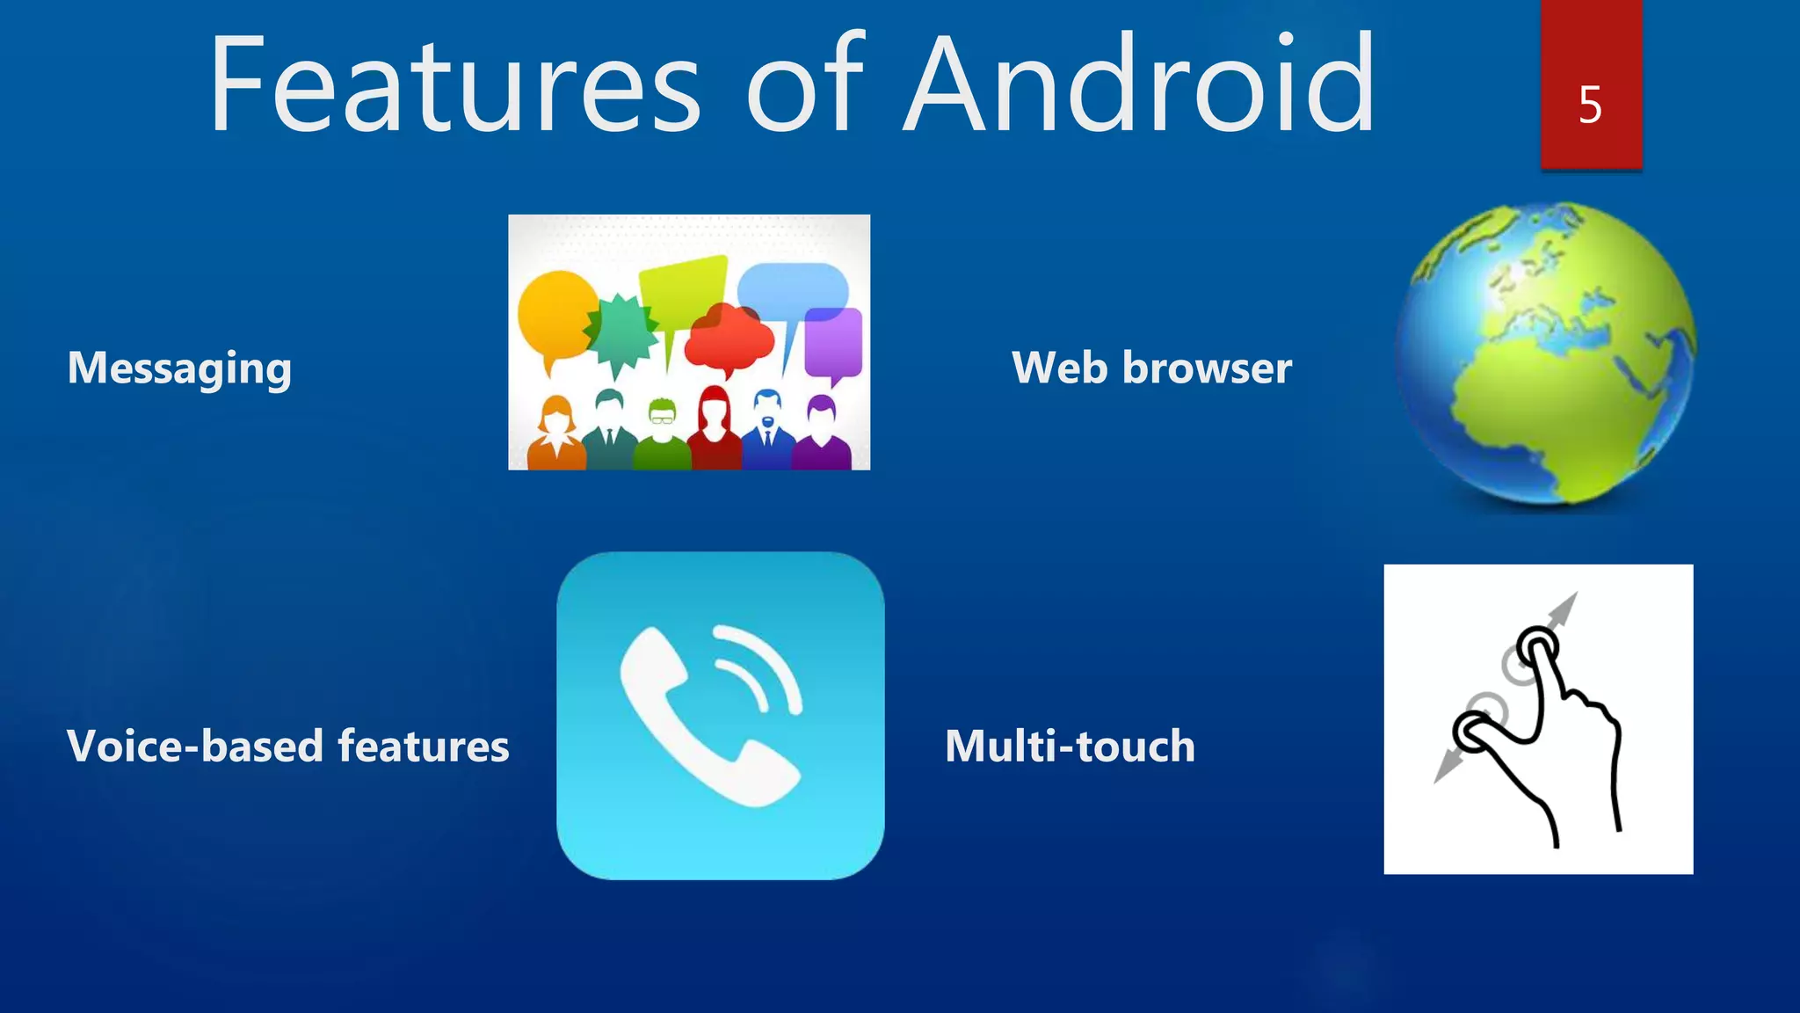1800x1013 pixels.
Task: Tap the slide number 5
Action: (x=1590, y=105)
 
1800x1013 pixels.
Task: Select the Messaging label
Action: (x=179, y=368)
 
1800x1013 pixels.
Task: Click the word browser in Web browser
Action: (x=1207, y=368)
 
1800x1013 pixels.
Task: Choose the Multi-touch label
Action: (x=1070, y=746)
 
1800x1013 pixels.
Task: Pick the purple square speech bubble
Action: (x=832, y=343)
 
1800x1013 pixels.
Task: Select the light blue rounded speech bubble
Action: (x=792, y=288)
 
